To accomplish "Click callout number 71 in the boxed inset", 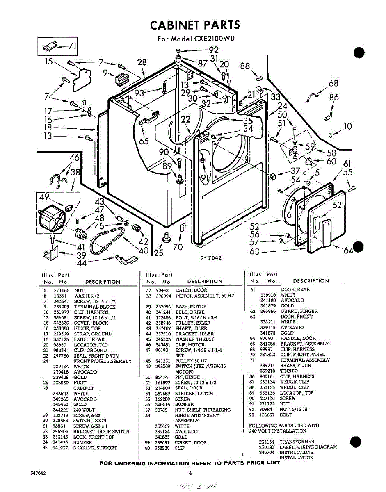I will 71,46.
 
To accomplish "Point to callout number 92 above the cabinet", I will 214,50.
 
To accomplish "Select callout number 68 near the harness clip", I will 333,84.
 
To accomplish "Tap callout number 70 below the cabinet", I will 178,247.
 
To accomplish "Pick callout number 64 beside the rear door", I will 348,250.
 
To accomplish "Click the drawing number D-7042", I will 211,258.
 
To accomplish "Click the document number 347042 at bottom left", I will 38,474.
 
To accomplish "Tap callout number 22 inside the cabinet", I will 186,119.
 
